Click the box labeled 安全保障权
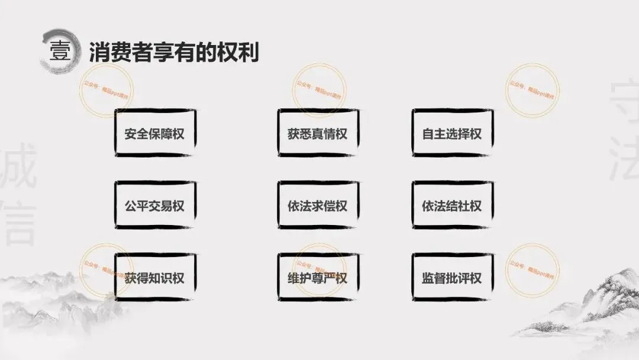pos(154,133)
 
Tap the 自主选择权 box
pos(452,133)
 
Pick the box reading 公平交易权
pos(154,206)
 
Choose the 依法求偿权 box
pos(318,206)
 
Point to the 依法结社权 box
pos(452,206)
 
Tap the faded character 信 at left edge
pos(18,225)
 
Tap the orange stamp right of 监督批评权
pos(532,269)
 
